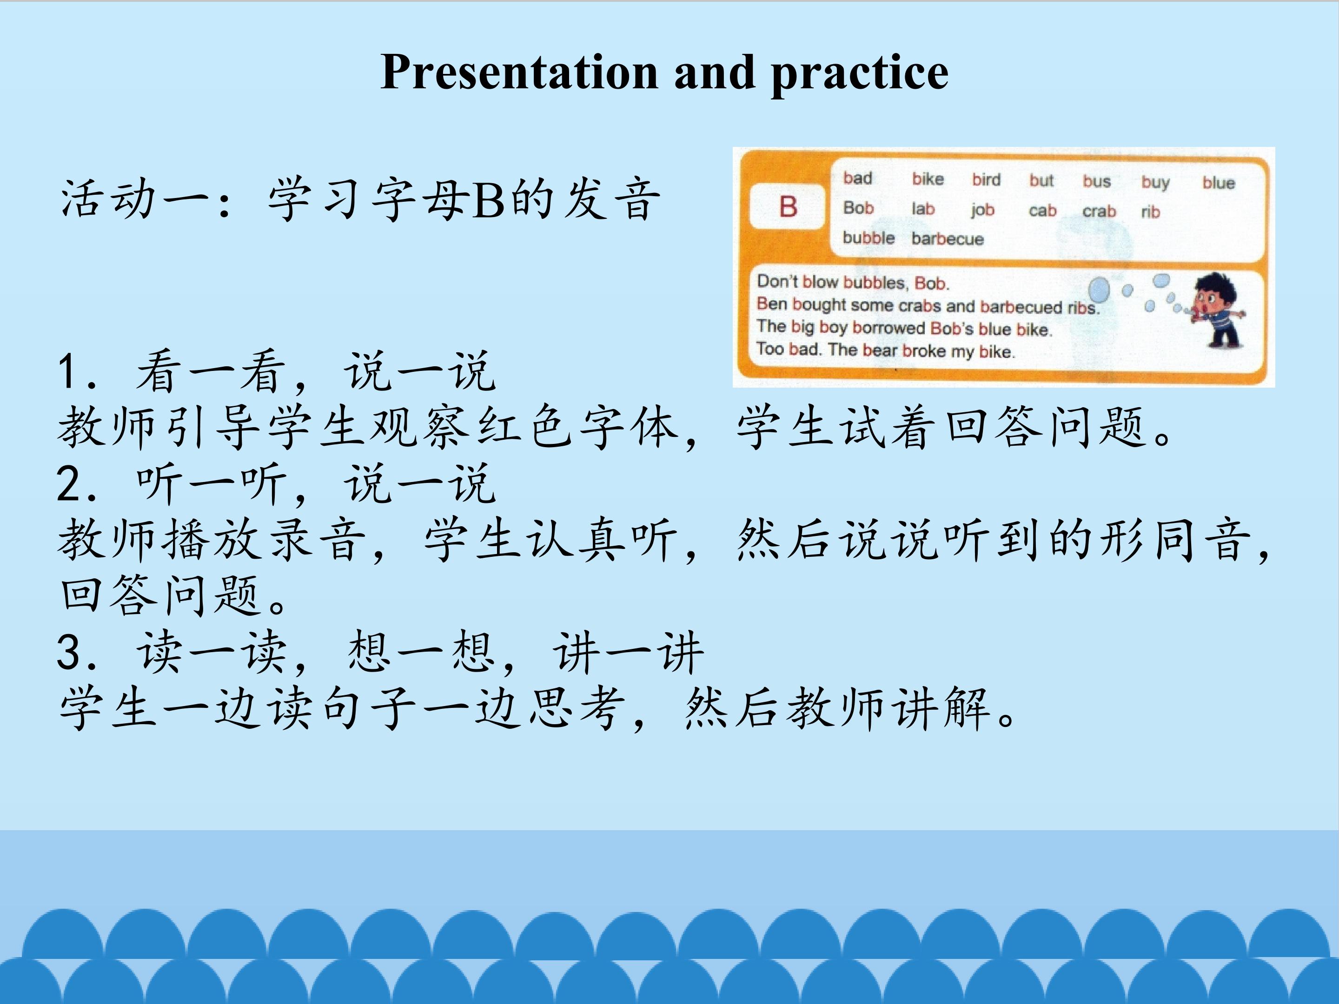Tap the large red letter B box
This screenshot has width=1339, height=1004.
pyautogui.click(x=788, y=207)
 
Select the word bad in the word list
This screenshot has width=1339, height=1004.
pyautogui.click(x=858, y=178)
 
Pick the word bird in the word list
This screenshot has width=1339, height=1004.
pyautogui.click(x=986, y=180)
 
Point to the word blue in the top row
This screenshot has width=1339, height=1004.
pyautogui.click(x=1219, y=183)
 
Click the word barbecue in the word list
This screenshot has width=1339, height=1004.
pyautogui.click(x=948, y=239)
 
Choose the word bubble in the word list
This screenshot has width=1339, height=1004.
pyautogui.click(x=868, y=238)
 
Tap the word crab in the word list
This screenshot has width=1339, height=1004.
pyautogui.click(x=1099, y=211)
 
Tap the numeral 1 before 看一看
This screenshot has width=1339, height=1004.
pyautogui.click(x=68, y=371)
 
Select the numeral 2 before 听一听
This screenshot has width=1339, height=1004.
pyautogui.click(x=67, y=484)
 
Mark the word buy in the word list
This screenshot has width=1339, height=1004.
pyautogui.click(x=1155, y=182)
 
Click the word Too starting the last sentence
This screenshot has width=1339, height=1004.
pyautogui.click(x=770, y=349)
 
